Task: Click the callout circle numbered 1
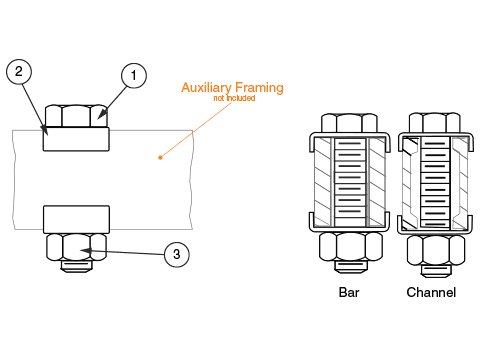click(134, 75)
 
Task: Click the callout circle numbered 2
click(19, 71)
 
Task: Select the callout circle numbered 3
click(177, 254)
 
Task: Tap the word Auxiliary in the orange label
click(206, 87)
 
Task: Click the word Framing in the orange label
click(259, 87)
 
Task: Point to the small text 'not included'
click(234, 98)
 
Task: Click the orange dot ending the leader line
click(160, 157)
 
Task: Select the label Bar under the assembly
click(349, 292)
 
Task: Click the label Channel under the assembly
click(431, 292)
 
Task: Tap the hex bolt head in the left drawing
click(76, 116)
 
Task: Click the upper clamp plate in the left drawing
click(76, 139)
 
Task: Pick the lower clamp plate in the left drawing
click(76, 219)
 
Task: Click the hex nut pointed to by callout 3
click(76, 247)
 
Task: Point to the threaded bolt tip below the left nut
click(76, 266)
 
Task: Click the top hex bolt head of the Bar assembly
click(349, 123)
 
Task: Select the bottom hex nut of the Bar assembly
click(351, 247)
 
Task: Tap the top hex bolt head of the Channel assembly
click(435, 123)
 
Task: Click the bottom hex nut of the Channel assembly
click(436, 250)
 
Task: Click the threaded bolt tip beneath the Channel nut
click(436, 271)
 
